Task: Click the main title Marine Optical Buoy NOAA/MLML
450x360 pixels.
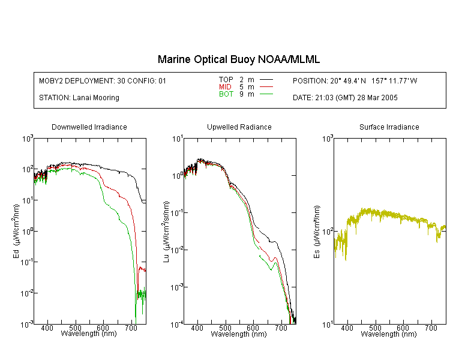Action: (238, 59)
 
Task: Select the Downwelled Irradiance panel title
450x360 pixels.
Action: (89, 127)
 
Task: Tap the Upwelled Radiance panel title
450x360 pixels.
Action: (239, 127)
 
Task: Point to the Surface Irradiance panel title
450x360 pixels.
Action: (389, 127)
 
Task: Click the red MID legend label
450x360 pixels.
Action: (225, 86)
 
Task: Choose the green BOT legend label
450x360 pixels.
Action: (226, 94)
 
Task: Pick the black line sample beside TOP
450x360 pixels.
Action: (266, 80)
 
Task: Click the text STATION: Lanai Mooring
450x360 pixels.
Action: (79, 98)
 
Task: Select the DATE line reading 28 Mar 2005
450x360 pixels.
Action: (345, 98)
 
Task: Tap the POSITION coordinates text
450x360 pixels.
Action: (355, 81)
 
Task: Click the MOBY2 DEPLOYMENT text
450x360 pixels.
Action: (103, 81)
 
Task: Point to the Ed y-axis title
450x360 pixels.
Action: (16, 231)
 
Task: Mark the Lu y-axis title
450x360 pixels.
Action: (166, 232)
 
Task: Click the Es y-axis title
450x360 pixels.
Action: (317, 232)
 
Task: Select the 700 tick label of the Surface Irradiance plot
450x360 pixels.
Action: (431, 328)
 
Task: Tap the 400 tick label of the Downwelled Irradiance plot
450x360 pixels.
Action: (47, 328)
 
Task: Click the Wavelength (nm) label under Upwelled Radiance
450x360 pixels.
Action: (239, 334)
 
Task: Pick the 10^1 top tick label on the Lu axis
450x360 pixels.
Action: (178, 139)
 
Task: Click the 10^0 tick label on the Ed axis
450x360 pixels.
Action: (28, 231)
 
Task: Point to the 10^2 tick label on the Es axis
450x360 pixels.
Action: (328, 232)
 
